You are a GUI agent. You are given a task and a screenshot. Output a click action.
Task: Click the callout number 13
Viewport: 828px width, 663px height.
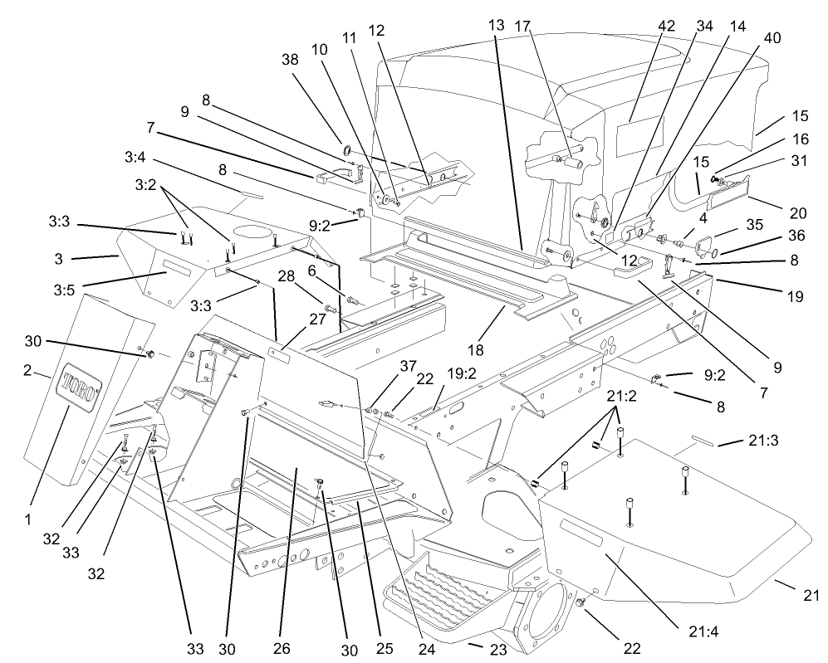(x=496, y=25)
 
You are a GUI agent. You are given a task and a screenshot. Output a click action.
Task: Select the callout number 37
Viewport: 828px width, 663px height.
(x=382, y=367)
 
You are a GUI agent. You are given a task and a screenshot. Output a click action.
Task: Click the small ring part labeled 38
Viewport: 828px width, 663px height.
(x=345, y=151)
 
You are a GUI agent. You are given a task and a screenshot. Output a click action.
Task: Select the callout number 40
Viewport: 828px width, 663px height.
(x=772, y=37)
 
